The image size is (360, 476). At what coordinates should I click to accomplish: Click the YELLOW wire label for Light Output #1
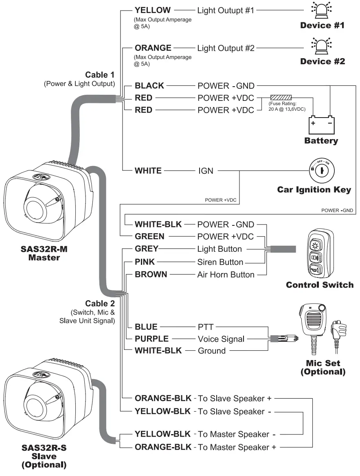click(x=153, y=10)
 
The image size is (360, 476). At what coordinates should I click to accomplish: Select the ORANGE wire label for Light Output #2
click(x=153, y=48)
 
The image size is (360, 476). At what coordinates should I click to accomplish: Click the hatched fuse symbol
click(x=281, y=98)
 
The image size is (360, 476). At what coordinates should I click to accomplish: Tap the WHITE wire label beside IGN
click(x=148, y=170)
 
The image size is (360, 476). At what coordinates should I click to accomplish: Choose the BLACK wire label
click(x=149, y=86)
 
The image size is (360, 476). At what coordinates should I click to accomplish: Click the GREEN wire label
click(x=149, y=236)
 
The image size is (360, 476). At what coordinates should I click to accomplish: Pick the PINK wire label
click(x=145, y=262)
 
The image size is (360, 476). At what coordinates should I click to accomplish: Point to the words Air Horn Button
click(x=226, y=275)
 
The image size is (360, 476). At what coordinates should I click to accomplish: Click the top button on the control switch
click(x=316, y=245)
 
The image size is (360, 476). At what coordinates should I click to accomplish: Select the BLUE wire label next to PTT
click(x=146, y=326)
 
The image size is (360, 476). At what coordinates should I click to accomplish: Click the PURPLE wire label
click(x=151, y=338)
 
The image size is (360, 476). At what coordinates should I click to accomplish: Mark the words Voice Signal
click(x=221, y=338)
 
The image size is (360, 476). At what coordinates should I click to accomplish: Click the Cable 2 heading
click(x=100, y=304)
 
